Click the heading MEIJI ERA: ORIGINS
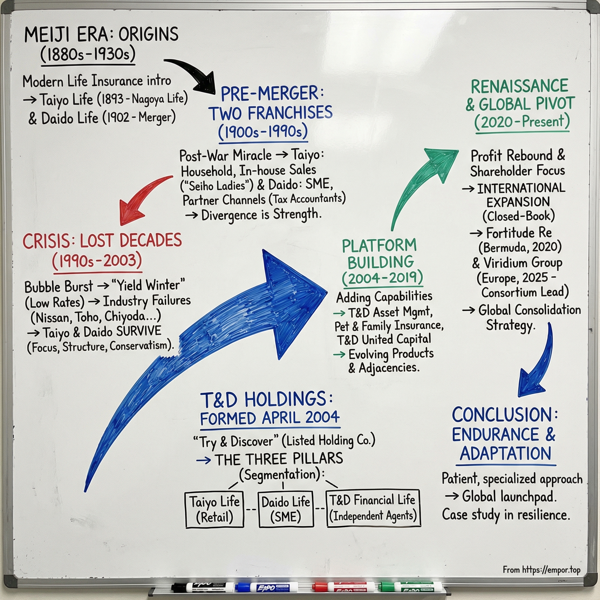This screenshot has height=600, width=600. coord(101,35)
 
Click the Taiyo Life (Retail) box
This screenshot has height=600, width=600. coord(214,509)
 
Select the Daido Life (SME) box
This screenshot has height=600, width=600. coord(286,509)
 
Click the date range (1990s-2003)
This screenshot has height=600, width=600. coord(97,261)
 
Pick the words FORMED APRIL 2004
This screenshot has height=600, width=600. coord(270,418)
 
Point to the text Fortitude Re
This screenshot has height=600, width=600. coord(519,233)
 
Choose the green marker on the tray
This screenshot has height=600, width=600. coord(410,587)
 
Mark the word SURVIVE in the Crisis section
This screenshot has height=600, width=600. coord(139,331)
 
